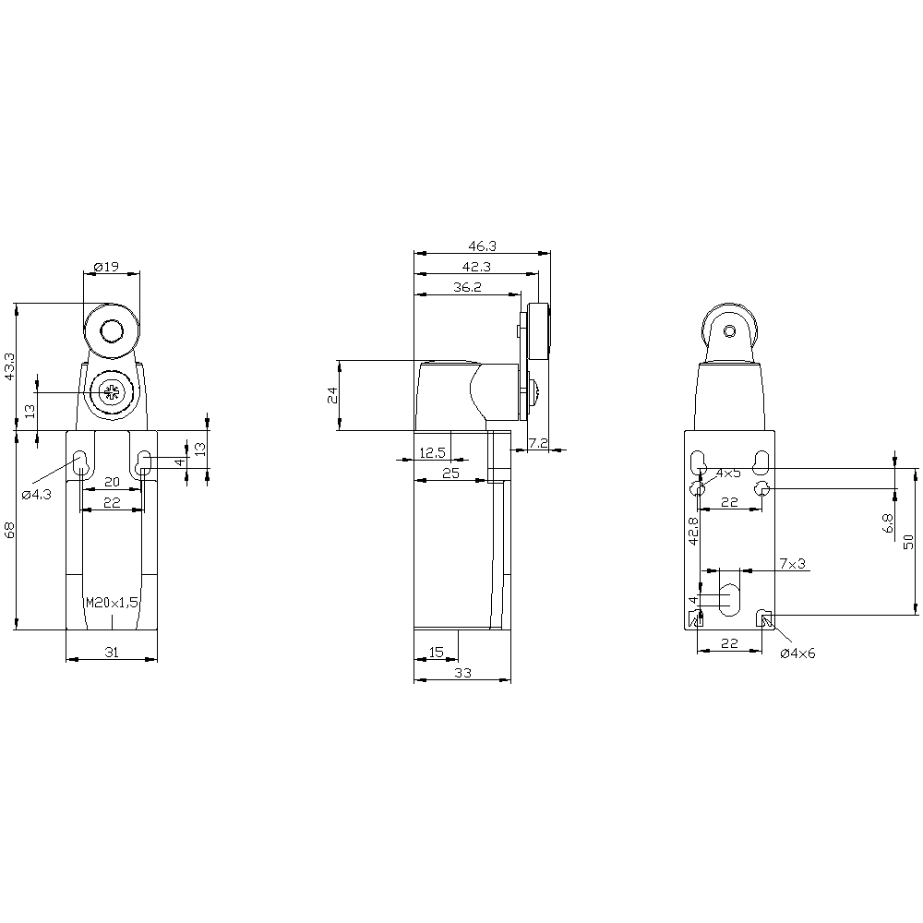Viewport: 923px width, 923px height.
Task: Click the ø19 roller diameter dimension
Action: pyautogui.click(x=106, y=267)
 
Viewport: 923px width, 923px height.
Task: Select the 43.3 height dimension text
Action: pyautogui.click(x=9, y=366)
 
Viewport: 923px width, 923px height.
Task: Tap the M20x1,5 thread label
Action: pyautogui.click(x=112, y=602)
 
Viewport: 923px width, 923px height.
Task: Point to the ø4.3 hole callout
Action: pyautogui.click(x=37, y=495)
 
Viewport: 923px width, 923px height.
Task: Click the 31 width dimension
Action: pyautogui.click(x=112, y=652)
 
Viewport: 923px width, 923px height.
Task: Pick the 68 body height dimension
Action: pyautogui.click(x=9, y=530)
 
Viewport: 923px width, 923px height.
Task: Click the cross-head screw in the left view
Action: pyautogui.click(x=110, y=392)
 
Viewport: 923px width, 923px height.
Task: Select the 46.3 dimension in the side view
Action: pyautogui.click(x=482, y=246)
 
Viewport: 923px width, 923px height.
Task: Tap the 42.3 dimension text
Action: pyautogui.click(x=476, y=267)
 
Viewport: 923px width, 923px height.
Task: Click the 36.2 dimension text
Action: pyautogui.click(x=467, y=287)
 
